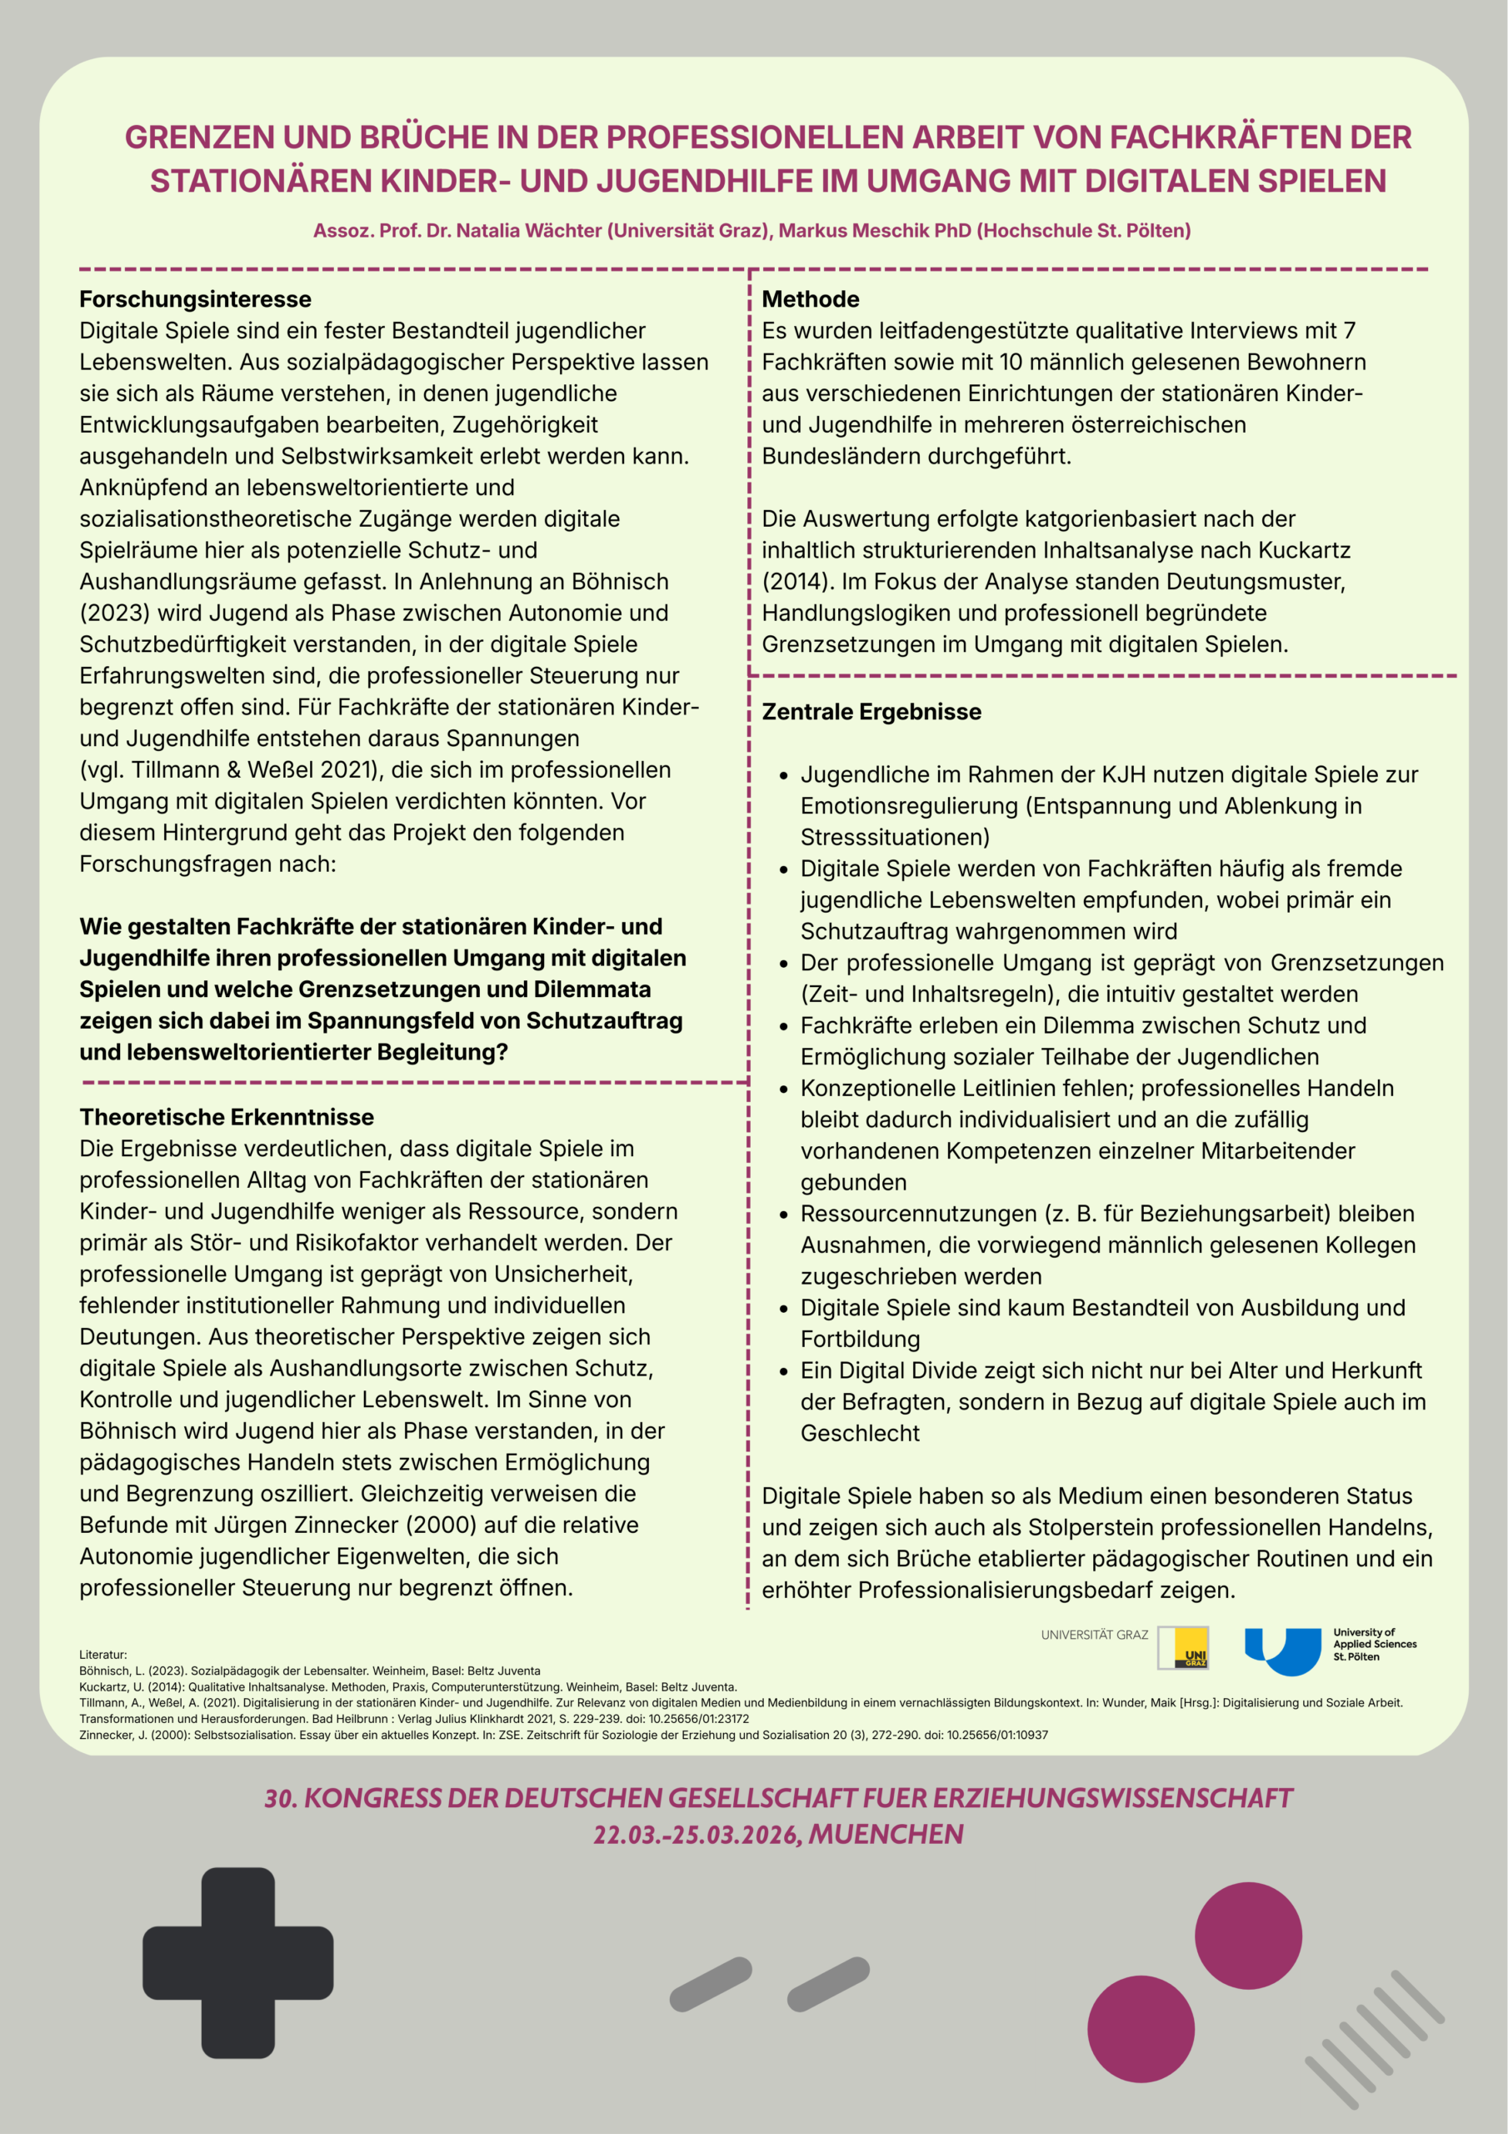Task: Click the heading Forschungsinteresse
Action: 195,299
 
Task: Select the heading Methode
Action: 810,299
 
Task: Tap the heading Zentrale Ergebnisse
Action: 871,712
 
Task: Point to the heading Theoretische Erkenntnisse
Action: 227,1117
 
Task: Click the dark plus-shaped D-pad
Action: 237,1962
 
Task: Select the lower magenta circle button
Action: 1140,2029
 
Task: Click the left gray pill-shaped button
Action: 710,1984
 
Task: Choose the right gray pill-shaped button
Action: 828,1984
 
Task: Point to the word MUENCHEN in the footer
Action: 886,1834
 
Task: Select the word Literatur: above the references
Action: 103,1655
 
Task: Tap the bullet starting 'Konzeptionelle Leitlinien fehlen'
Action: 1096,1089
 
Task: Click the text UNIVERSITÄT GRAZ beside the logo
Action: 1094,1635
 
